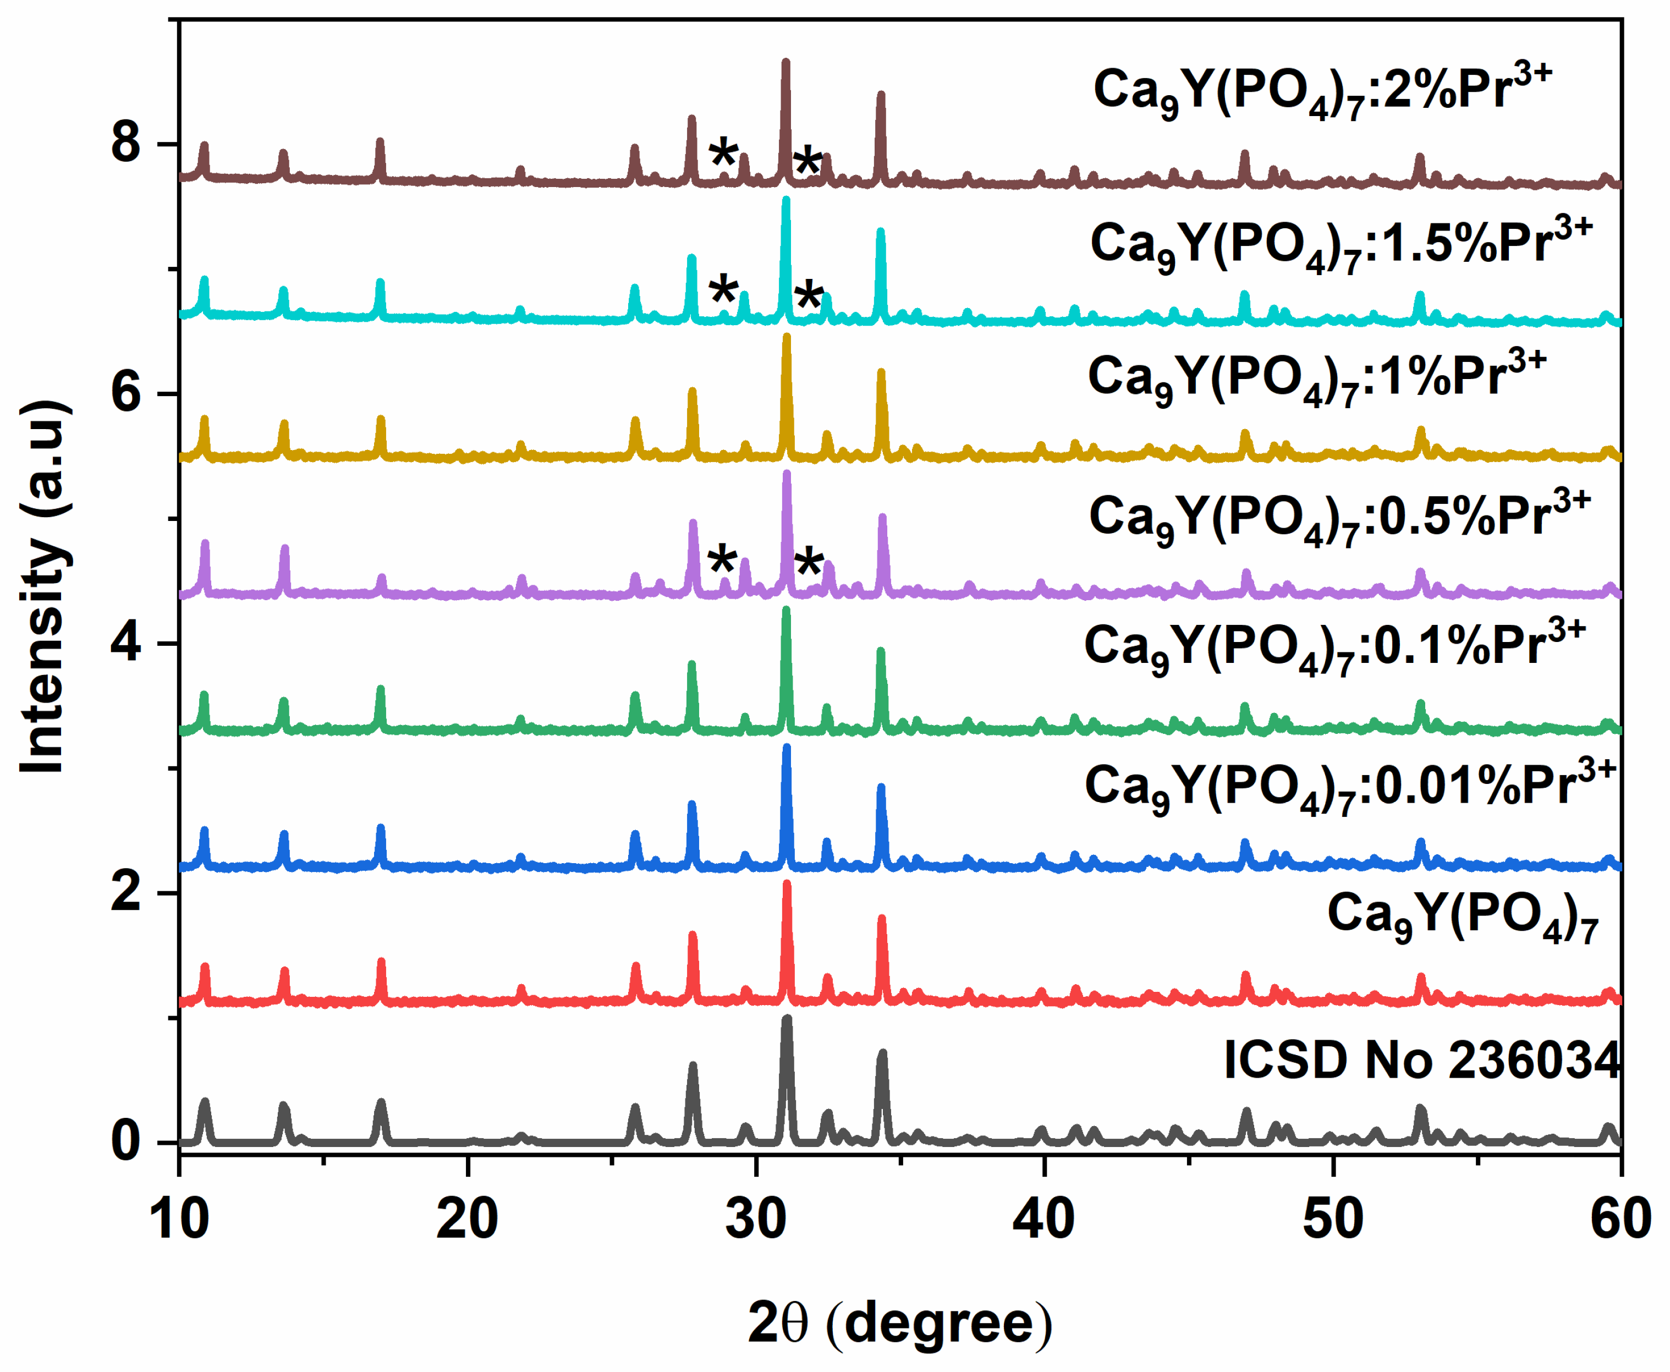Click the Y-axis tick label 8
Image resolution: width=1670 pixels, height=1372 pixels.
coord(125,144)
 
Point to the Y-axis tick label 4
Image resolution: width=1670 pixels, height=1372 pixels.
coord(125,643)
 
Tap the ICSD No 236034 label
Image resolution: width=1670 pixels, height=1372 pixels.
coord(1421,1059)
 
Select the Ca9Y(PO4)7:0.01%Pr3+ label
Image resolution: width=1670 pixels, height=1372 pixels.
coord(1350,787)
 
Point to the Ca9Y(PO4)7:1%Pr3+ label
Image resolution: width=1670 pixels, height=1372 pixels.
coord(1316,378)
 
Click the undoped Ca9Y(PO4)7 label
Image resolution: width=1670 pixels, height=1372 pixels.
coord(1462,916)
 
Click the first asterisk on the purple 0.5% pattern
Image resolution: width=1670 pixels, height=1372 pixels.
coord(722,561)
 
